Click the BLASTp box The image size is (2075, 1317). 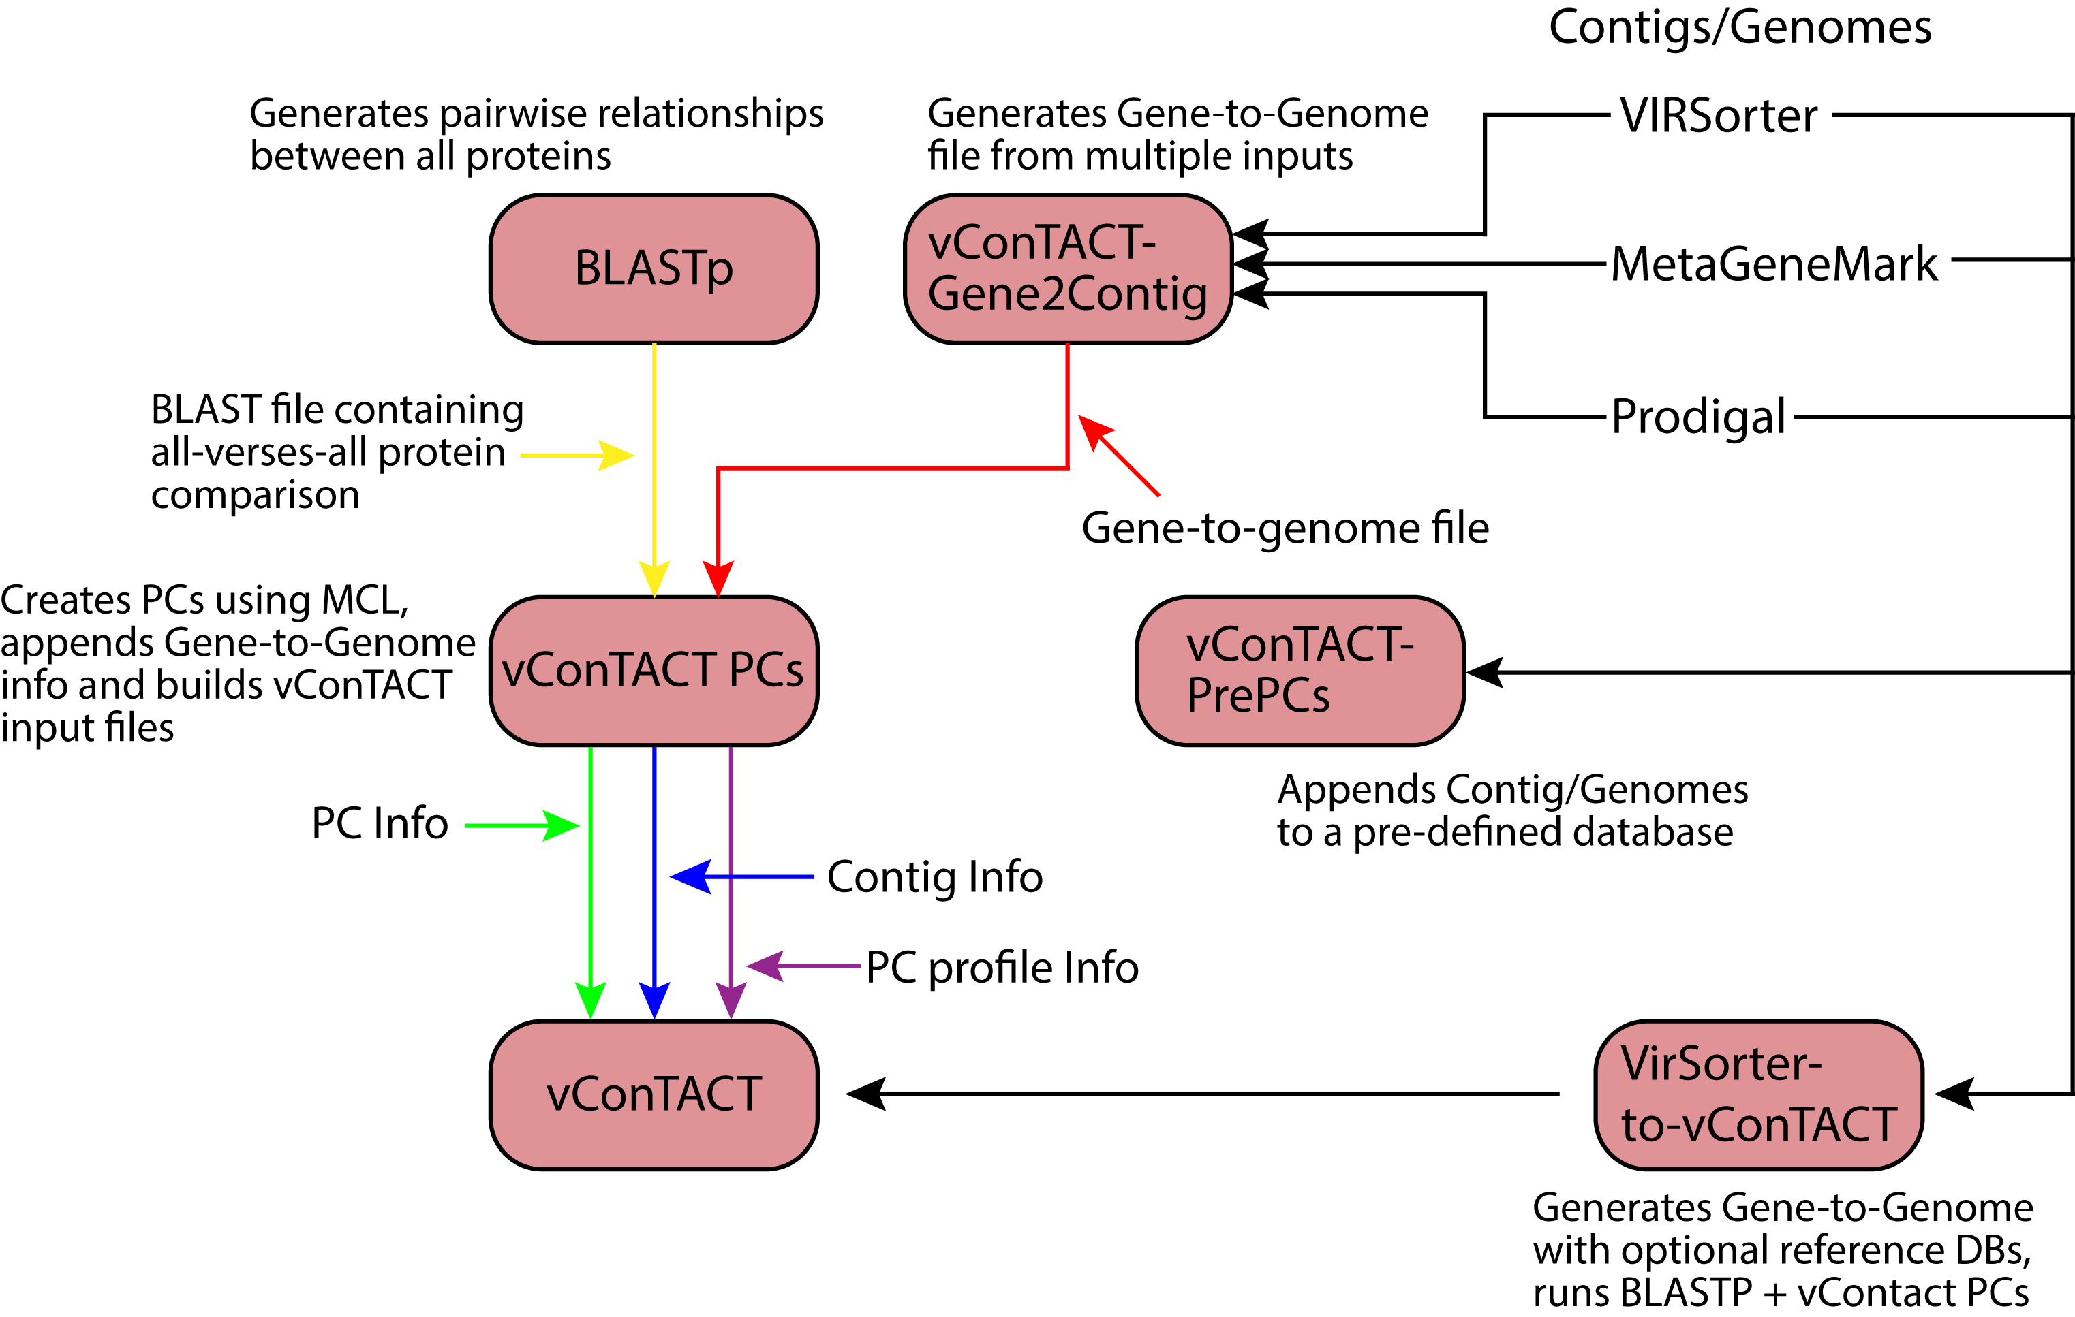coord(654,269)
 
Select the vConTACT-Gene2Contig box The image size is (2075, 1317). coord(1069,269)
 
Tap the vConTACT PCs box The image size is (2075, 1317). coord(654,671)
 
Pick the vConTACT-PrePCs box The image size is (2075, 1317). coord(1300,671)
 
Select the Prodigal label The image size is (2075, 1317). coord(1698,417)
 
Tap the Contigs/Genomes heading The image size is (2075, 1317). coord(1740,27)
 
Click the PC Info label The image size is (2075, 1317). coord(380,823)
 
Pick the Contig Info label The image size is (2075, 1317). coord(935,878)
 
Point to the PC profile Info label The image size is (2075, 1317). coord(1002,967)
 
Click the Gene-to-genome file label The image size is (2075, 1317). coord(1285,528)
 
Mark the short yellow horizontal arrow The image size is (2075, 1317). coord(577,456)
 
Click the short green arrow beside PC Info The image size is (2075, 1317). coord(522,826)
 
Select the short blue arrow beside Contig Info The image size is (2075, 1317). coord(742,877)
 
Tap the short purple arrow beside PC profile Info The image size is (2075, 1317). coord(803,966)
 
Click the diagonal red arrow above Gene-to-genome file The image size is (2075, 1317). coord(1118,456)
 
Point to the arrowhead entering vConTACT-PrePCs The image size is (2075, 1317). coord(1485,673)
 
